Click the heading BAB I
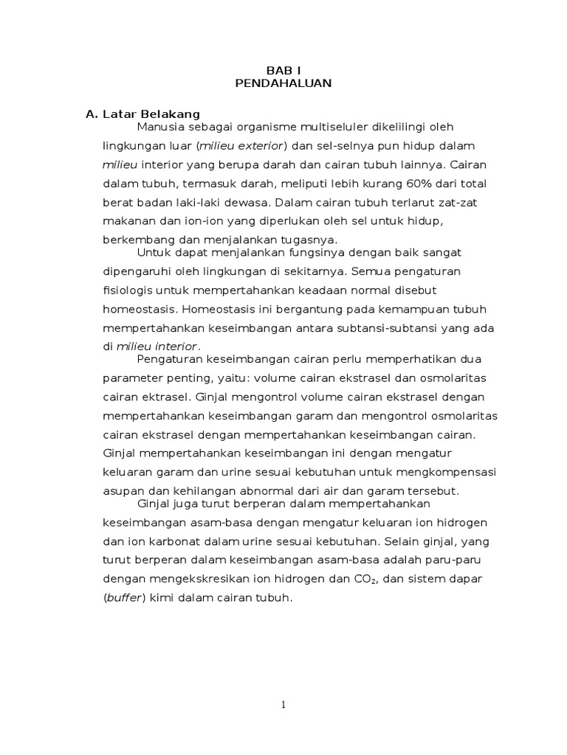283,69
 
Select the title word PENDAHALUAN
283,83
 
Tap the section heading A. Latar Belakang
143,114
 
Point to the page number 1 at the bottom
283,705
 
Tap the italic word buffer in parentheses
126,599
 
